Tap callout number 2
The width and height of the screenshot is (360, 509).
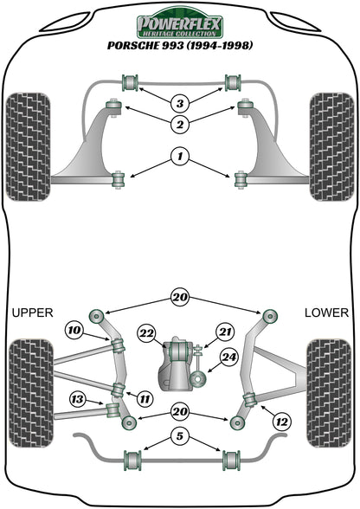tap(179, 126)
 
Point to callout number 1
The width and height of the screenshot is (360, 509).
tap(179, 158)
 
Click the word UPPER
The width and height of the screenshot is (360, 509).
tap(33, 312)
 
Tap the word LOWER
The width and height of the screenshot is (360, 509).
tap(327, 312)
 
